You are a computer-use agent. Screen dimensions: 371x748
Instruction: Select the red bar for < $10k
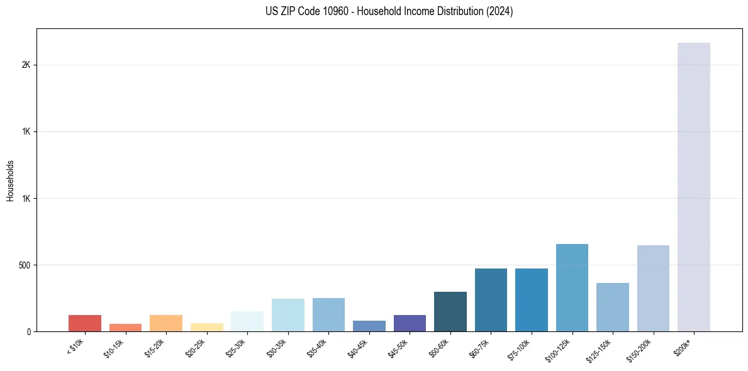coord(85,323)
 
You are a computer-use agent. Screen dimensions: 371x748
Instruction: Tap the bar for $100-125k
coord(572,287)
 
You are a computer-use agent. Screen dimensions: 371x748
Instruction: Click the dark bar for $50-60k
coord(450,311)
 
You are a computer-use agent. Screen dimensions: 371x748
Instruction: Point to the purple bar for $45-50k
coord(410,323)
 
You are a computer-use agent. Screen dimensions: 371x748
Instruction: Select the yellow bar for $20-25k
coord(207,327)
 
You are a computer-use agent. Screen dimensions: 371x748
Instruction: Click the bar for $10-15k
coord(125,327)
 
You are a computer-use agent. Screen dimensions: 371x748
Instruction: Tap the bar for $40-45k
coord(369,326)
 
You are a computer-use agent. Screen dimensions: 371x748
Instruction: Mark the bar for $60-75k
coord(491,300)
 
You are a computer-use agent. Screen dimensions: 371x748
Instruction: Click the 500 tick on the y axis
coord(25,265)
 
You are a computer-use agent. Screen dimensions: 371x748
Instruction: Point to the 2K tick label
coord(26,65)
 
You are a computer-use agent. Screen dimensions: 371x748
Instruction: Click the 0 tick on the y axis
coord(29,332)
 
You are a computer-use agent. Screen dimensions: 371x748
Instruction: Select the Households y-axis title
coord(11,180)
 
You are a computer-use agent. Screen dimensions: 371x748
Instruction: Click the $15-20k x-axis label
coord(154,348)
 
